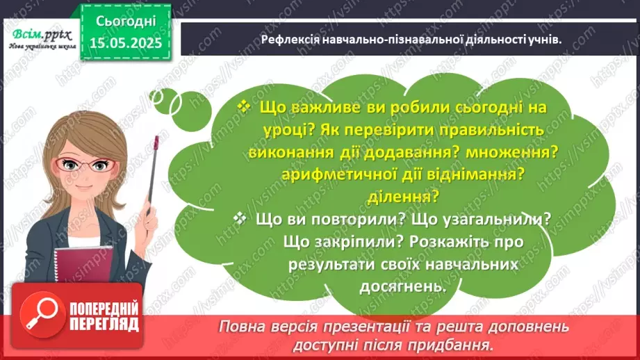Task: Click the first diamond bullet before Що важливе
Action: pos(243,107)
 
